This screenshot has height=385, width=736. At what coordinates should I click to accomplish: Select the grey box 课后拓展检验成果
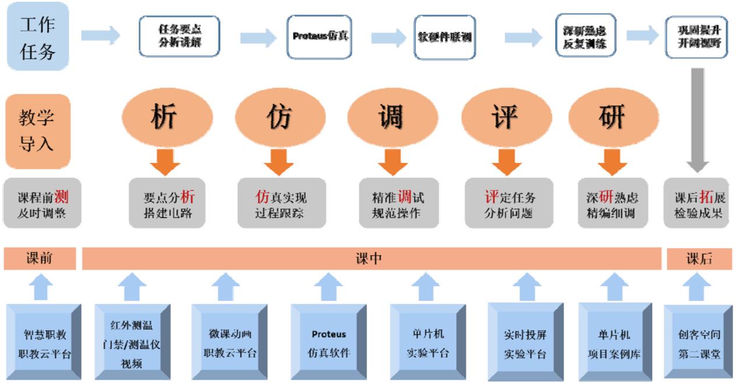coord(696,202)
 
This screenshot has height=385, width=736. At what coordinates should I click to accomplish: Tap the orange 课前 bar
coord(40,259)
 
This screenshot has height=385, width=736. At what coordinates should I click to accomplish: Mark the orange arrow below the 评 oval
coord(501,160)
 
